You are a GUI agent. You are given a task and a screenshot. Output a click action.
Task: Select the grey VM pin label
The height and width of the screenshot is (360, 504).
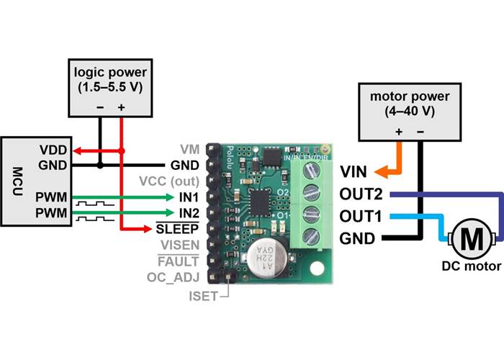pyautogui.click(x=189, y=149)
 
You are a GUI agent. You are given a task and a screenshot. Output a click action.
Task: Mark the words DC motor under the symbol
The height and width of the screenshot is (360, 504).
pyautogui.click(x=472, y=266)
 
